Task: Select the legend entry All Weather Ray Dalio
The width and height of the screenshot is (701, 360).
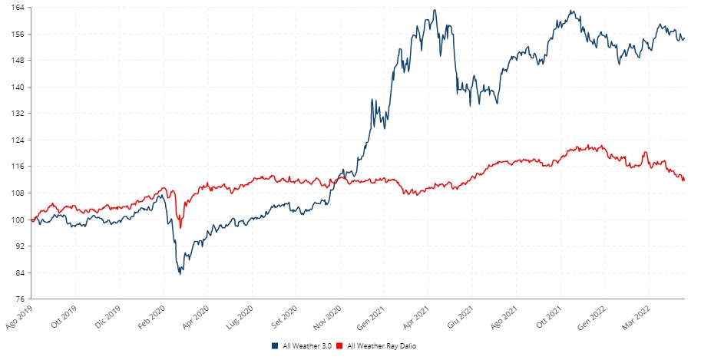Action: pos(382,346)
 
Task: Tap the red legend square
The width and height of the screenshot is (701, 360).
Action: pos(341,346)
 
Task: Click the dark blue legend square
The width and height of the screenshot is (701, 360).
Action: pos(275,346)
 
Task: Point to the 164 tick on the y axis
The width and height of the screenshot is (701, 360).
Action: pos(19,8)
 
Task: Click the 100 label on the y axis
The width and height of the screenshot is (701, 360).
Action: pos(19,220)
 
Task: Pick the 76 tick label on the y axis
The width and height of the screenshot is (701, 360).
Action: pos(21,299)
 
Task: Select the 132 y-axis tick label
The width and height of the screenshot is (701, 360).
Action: pos(19,114)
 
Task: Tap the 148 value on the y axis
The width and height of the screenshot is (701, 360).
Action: pos(19,61)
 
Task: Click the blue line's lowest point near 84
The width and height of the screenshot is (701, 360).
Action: pos(180,273)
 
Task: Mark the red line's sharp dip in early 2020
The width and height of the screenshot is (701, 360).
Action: pos(180,227)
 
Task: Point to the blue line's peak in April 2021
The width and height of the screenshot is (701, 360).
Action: pos(435,10)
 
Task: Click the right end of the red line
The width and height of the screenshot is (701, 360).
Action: pos(684,180)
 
